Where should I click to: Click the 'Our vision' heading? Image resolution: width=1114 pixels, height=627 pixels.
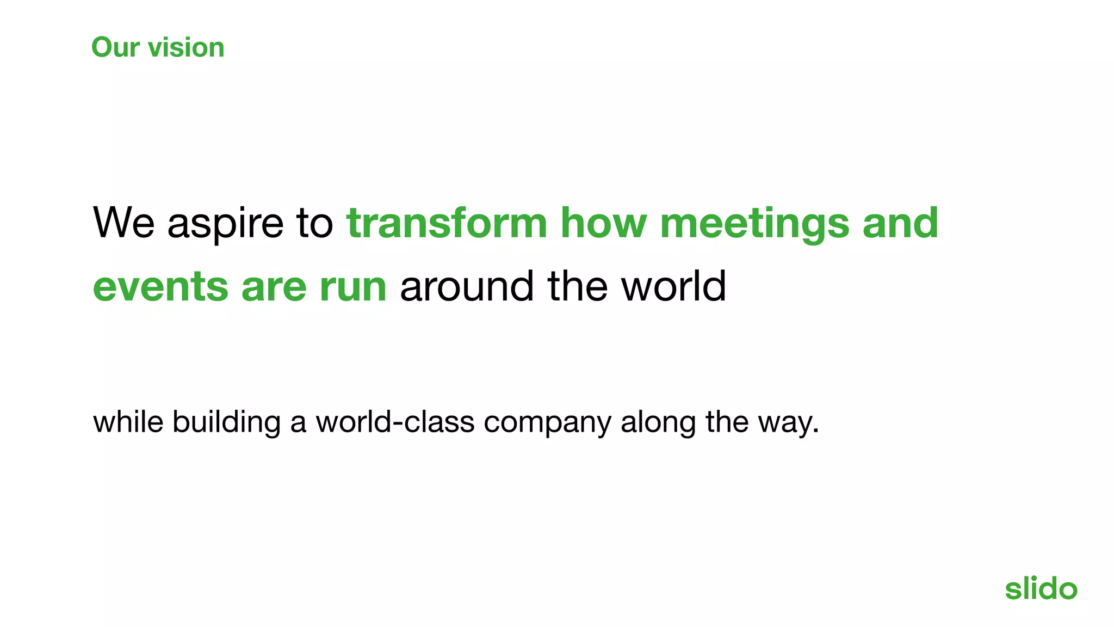tap(158, 47)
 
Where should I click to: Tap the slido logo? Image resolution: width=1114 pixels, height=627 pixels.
tap(1041, 588)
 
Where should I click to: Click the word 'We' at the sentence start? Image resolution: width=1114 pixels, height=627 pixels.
tap(124, 223)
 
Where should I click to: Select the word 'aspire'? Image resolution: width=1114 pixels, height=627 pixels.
tap(225, 224)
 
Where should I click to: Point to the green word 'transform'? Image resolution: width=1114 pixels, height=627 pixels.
tap(446, 223)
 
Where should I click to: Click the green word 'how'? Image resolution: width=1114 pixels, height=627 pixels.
tap(603, 223)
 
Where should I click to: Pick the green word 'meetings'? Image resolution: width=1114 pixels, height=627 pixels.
tap(754, 224)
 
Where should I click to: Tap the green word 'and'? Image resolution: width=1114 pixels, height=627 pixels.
tap(900, 223)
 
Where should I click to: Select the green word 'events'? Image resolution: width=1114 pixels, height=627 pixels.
tap(160, 287)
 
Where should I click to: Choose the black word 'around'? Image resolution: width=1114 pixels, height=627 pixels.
tap(467, 287)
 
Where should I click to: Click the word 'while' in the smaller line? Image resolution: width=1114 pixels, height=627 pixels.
tap(128, 422)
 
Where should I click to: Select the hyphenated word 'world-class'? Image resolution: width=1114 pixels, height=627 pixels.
tap(395, 422)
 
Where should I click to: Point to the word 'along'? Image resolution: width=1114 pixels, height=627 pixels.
tap(658, 423)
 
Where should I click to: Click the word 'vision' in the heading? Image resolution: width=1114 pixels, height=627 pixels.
tap(186, 47)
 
